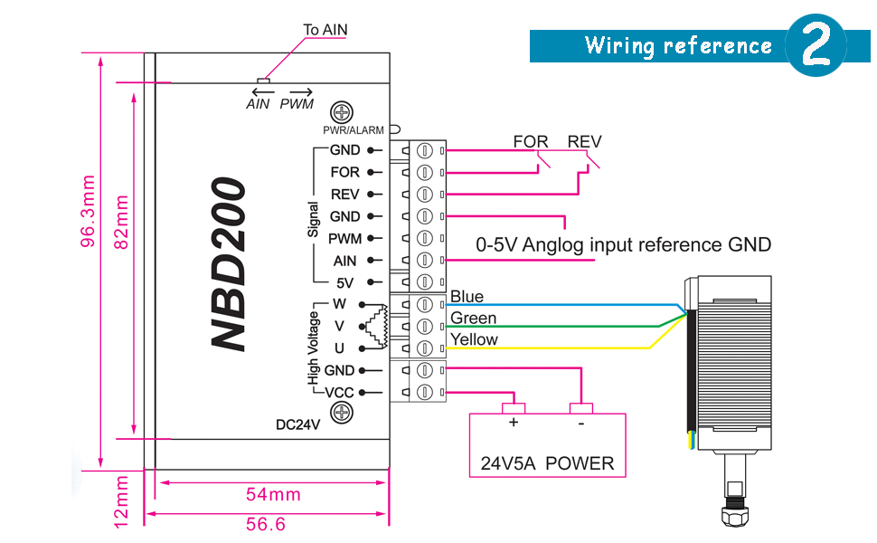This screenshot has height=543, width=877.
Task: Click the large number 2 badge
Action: click(816, 45)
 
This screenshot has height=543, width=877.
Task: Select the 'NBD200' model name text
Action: click(229, 264)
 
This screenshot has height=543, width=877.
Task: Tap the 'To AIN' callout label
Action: click(325, 30)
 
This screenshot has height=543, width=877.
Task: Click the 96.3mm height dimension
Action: click(88, 211)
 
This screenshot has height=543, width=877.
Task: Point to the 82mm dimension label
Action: click(121, 220)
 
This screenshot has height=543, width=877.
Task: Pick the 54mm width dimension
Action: click(273, 494)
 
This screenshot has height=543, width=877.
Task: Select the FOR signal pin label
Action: click(344, 172)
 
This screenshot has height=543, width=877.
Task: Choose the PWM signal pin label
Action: click(344, 239)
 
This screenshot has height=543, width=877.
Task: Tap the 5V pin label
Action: click(344, 282)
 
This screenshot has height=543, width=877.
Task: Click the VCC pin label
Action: click(339, 393)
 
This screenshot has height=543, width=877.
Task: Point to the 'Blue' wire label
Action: click(467, 297)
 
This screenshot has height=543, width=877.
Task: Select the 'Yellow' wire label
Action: click(474, 339)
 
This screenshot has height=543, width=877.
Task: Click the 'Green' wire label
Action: click(473, 319)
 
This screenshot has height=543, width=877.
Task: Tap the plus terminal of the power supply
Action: click(514, 423)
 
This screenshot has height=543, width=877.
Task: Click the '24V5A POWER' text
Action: click(547, 463)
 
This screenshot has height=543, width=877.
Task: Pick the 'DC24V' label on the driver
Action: click(298, 424)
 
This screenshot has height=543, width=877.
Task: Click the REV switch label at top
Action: click(584, 142)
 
